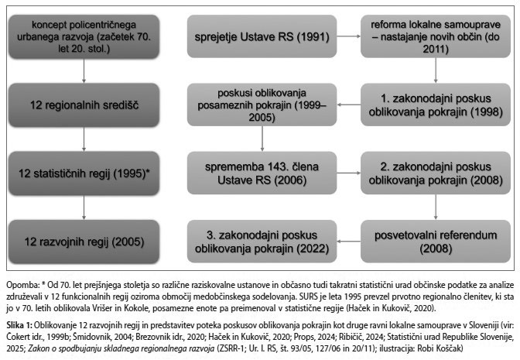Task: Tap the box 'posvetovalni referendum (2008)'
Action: coord(436,230)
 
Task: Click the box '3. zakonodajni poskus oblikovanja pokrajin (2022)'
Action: coord(263,231)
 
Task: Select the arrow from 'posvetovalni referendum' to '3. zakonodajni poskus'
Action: coord(349,231)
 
